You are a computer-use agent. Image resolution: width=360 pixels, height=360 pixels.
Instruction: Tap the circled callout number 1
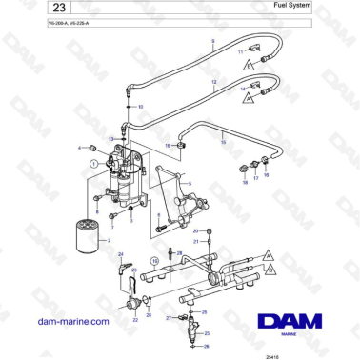[x=92, y=164]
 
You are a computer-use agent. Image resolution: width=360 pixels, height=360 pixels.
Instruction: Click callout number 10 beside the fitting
[x=141, y=106]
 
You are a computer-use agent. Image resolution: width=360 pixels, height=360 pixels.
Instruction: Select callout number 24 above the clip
[x=120, y=254]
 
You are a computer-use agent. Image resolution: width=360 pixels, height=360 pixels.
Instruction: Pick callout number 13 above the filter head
[x=111, y=139]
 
